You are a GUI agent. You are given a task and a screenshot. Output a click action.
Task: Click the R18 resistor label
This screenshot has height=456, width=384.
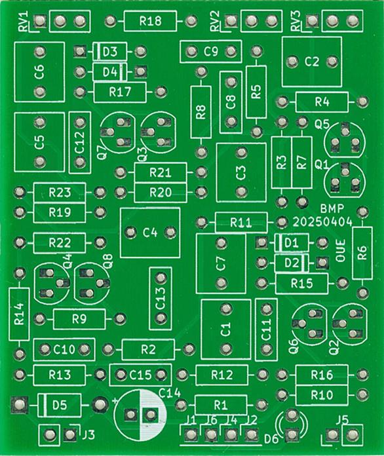[151, 21]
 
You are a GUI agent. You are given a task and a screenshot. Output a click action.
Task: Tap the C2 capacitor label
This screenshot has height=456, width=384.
[312, 62]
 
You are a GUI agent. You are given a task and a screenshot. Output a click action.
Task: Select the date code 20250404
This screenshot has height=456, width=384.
[322, 222]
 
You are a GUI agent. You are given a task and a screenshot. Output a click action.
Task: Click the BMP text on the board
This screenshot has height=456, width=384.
[332, 208]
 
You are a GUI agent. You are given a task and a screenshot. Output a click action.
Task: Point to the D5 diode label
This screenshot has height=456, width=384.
[60, 405]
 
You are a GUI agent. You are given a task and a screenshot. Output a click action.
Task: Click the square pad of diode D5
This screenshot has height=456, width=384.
[20, 404]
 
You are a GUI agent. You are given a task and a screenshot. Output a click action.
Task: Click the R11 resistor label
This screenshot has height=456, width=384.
[241, 223]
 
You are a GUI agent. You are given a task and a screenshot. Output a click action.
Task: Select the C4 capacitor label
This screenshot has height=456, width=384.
[150, 233]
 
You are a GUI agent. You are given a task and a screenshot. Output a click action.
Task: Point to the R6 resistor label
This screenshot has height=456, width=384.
[362, 253]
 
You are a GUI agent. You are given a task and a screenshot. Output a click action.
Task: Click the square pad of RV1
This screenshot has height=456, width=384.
[39, 21]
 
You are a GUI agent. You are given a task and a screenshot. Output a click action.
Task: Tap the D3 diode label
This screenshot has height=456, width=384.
[110, 52]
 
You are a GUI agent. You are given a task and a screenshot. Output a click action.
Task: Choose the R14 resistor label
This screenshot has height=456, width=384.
[20, 314]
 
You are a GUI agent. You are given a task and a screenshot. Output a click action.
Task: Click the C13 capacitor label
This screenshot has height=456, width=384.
[161, 299]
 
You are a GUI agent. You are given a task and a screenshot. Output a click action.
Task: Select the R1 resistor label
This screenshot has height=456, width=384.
[220, 405]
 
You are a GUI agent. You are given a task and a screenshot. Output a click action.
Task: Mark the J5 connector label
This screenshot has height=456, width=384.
[343, 420]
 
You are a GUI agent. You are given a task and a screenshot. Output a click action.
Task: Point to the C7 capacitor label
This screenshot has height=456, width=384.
[221, 263]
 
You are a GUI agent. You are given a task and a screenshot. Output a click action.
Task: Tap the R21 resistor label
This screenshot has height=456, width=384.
[161, 173]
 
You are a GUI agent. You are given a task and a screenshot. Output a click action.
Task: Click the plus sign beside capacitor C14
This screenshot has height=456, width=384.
[115, 401]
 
